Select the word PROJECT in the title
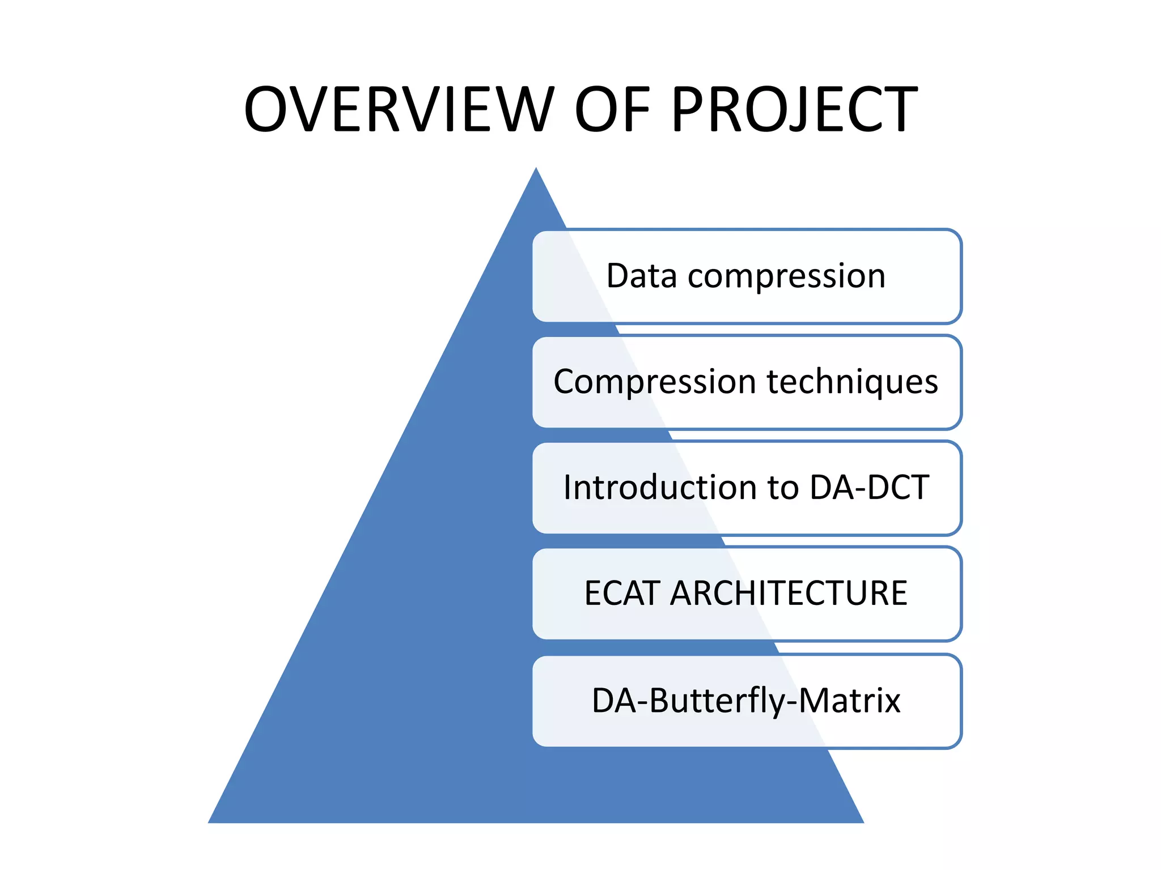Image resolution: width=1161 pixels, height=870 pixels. (794, 109)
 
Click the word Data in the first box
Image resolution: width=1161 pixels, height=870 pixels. (641, 276)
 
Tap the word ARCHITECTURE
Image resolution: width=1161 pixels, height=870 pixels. (789, 593)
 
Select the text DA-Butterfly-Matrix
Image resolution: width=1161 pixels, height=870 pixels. (746, 701)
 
